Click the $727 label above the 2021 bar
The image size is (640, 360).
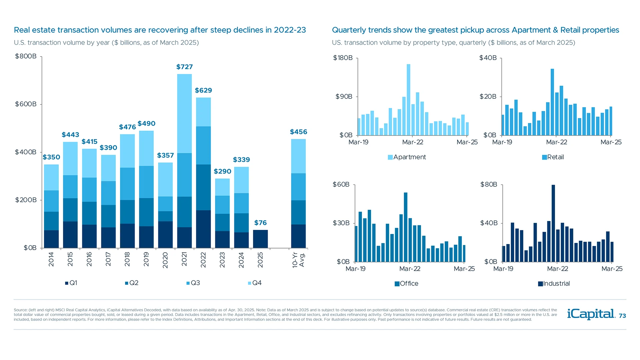(184, 67)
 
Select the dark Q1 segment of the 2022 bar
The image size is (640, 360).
(203, 229)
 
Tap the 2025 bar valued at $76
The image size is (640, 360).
(260, 239)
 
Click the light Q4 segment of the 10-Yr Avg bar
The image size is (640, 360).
(298, 156)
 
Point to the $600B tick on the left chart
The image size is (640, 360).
(26, 104)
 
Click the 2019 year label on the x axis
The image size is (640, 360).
(146, 259)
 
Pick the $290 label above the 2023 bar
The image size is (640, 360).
(222, 171)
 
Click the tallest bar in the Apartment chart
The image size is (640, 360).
(408, 99)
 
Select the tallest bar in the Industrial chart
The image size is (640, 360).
(553, 223)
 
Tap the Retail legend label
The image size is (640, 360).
(555, 157)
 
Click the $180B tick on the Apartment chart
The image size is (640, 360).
(343, 58)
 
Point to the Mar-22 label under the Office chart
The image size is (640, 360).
(410, 269)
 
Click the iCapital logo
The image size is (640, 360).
(591, 314)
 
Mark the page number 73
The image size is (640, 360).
(622, 316)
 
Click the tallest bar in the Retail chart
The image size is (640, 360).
(552, 102)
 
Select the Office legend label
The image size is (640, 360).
(409, 284)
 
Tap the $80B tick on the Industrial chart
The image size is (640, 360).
(489, 185)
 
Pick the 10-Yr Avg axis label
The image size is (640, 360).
(298, 260)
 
